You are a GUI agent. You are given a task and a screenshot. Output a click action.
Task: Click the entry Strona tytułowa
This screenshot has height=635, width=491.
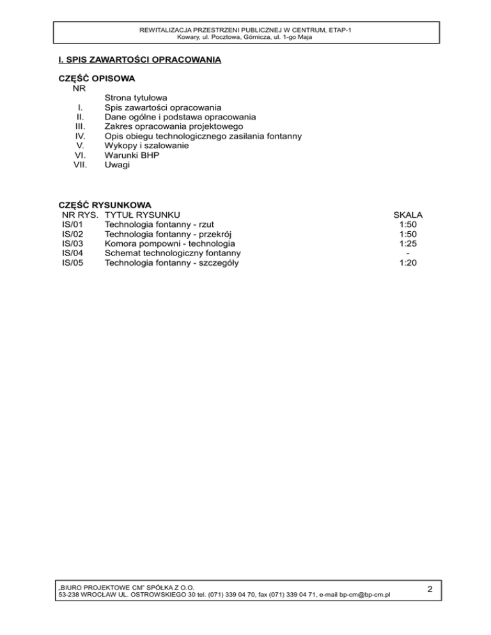(x=136, y=98)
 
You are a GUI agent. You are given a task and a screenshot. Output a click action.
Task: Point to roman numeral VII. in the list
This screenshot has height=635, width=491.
(x=81, y=165)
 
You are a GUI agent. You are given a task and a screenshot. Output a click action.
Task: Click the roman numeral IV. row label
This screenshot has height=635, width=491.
(x=81, y=136)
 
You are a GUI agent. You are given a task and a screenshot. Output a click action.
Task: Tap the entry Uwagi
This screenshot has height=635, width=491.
(x=117, y=165)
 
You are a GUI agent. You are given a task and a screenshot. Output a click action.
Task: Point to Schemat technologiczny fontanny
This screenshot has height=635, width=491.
(x=173, y=253)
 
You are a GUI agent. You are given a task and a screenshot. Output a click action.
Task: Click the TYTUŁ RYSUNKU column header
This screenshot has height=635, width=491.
(x=143, y=215)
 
